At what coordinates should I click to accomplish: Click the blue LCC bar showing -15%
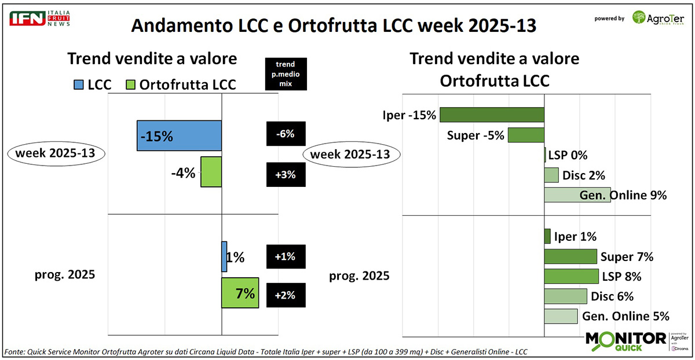click(x=179, y=135)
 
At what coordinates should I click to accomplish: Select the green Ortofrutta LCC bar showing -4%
click(x=211, y=171)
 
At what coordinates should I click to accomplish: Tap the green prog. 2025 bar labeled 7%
click(x=240, y=293)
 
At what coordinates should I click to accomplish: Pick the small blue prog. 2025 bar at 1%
click(x=224, y=256)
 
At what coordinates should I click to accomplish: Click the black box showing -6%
click(x=286, y=134)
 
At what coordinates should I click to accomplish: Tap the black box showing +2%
click(x=286, y=295)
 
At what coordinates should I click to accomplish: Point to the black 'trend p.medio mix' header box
click(x=286, y=74)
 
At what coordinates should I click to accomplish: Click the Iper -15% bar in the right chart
click(x=492, y=115)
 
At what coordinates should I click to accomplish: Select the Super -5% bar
click(x=526, y=135)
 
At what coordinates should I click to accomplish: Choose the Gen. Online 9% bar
click(x=577, y=195)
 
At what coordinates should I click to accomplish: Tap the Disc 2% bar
click(x=551, y=175)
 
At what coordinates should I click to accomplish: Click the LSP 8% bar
click(x=571, y=276)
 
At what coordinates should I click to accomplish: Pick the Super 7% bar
click(x=570, y=256)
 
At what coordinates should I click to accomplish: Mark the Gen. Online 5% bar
click(x=561, y=316)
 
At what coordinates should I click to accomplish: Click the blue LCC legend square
click(x=81, y=85)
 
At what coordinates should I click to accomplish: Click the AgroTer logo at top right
click(x=658, y=18)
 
